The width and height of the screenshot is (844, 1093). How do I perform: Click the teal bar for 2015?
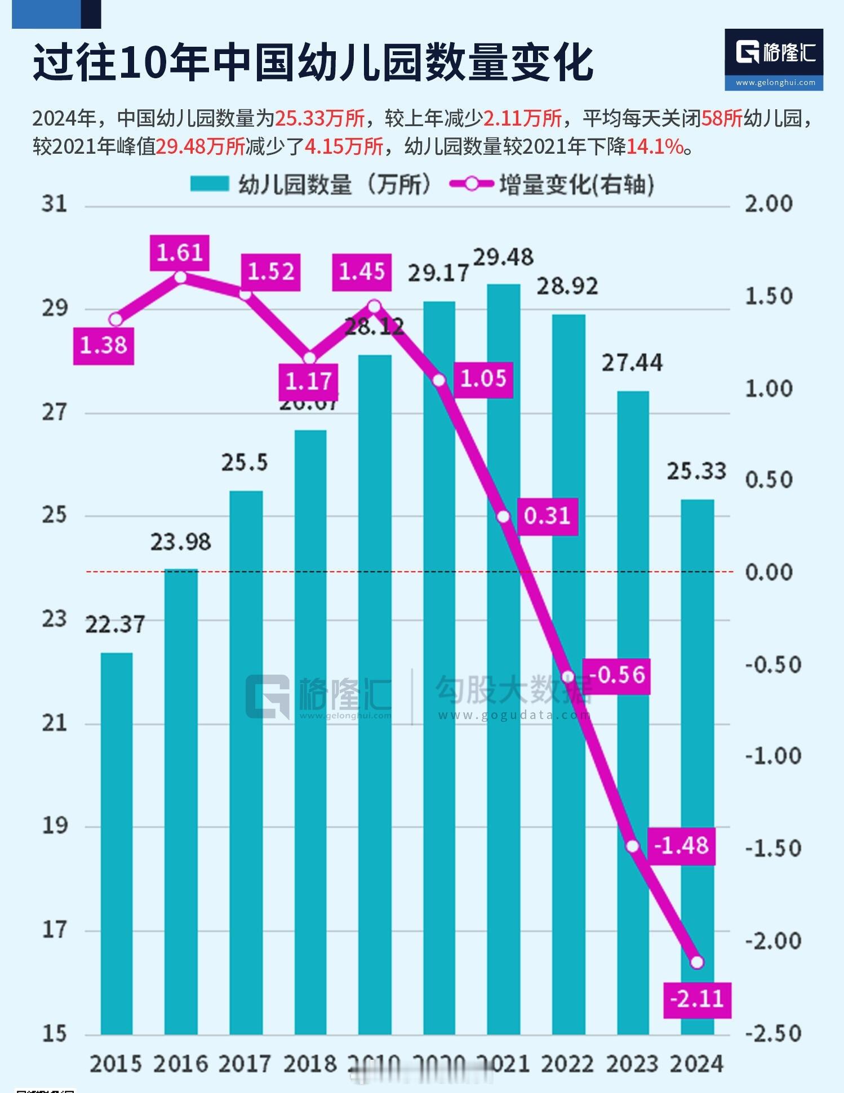[117, 845]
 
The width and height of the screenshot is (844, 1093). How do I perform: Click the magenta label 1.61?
[180, 253]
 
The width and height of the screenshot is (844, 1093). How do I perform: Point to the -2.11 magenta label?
[697, 1000]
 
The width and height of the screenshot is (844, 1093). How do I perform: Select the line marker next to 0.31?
[504, 516]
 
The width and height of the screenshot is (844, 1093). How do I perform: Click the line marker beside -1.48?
[633, 846]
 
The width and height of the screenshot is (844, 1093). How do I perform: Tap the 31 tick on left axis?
[54, 204]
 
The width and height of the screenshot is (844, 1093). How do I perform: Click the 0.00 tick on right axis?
[769, 572]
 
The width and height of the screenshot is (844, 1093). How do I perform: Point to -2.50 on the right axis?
[772, 1033]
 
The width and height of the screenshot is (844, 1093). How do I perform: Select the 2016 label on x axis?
[181, 1064]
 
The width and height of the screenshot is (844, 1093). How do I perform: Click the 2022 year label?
[568, 1064]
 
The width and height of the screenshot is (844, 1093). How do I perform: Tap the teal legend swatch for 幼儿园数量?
[210, 184]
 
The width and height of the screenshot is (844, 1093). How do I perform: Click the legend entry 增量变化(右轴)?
[576, 184]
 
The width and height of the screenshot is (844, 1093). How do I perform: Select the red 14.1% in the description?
[655, 147]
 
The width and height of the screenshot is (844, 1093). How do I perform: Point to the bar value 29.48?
[503, 257]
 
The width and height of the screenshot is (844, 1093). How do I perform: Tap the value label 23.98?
[180, 542]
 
